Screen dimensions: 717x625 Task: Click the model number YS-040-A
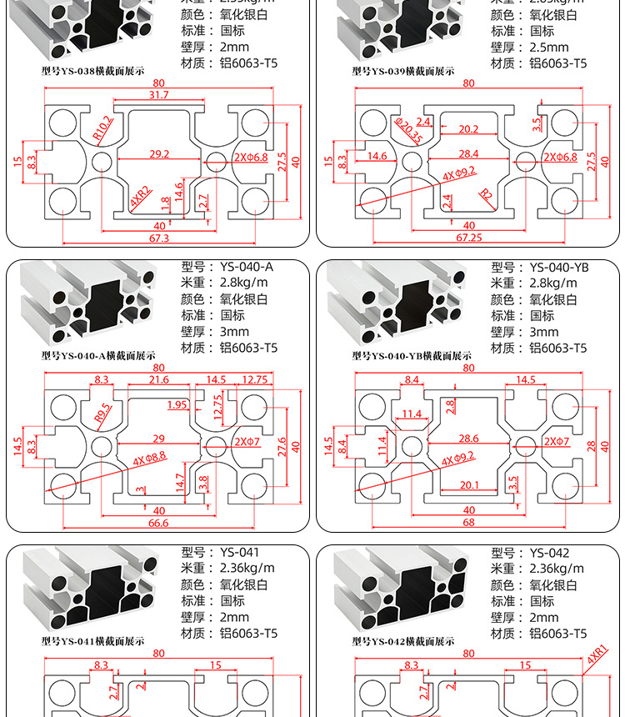pos(247,268)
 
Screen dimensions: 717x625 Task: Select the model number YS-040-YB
pos(559,268)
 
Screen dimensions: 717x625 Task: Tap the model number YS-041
pos(240,553)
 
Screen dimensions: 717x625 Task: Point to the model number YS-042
pos(550,553)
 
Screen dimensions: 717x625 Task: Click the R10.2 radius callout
pos(102,128)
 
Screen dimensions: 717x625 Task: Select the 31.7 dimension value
pos(158,95)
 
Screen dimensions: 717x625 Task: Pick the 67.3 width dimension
pos(160,238)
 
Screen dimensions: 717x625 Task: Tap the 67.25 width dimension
pos(469,238)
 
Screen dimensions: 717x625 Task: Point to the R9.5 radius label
pos(102,411)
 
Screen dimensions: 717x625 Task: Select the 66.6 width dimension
pos(158,523)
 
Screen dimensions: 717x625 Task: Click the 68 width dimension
pos(469,523)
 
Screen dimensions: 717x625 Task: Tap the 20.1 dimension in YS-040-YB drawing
pos(469,484)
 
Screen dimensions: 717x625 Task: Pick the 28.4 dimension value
pos(469,153)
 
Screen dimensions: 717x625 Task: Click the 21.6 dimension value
pos(158,380)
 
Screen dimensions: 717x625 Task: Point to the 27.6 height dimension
pos(281,445)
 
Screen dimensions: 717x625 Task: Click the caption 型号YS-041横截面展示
pos(93,642)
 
